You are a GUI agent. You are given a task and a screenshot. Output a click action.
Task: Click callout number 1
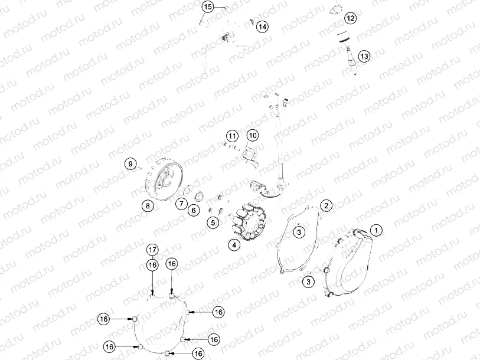376,229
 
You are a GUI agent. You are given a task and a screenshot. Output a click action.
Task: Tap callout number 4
235,245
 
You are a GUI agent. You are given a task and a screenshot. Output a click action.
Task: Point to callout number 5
213,222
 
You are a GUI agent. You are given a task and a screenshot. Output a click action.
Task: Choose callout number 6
193,210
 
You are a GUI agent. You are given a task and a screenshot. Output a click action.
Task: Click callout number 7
179,204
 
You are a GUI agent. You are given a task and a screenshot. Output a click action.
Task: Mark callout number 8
147,206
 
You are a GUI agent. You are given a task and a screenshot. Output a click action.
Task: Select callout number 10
253,136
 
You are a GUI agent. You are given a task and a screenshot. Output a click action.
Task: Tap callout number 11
231,136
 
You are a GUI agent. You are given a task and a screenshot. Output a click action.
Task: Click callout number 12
351,18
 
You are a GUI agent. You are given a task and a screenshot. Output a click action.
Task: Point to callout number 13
364,56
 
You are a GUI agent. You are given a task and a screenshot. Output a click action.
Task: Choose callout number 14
262,27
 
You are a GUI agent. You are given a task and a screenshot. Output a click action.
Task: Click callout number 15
208,6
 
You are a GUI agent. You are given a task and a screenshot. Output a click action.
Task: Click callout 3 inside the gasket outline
299,233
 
